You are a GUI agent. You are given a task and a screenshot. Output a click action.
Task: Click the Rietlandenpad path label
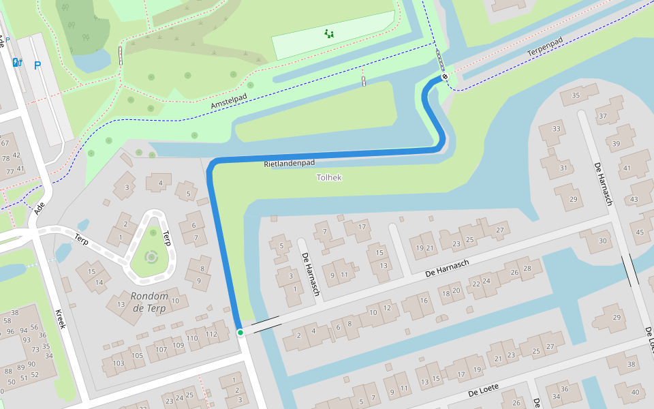[290, 164]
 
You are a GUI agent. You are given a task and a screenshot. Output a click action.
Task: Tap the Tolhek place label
[329, 177]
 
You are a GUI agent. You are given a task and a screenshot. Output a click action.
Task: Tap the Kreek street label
[61, 318]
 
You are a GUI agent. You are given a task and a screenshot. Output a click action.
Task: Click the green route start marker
[240, 333]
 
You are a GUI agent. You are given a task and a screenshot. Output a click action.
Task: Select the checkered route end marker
[444, 77]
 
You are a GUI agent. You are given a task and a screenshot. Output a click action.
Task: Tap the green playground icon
[329, 33]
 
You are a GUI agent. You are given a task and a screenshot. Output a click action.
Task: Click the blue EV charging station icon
[18, 63]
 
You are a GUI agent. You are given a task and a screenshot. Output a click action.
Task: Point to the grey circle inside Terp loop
[151, 257]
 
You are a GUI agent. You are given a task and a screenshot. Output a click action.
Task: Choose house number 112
[211, 334]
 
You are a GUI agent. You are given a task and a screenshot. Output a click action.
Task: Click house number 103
[119, 363]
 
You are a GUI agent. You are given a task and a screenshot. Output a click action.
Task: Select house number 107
[161, 350]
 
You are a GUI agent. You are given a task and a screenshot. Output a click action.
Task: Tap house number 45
[640, 232]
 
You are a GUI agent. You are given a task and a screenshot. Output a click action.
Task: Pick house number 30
[602, 241]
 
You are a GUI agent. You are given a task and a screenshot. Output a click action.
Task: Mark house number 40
[636, 392]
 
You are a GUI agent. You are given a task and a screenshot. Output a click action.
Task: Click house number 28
[527, 269]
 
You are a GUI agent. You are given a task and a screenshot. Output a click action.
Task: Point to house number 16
[424, 300]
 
